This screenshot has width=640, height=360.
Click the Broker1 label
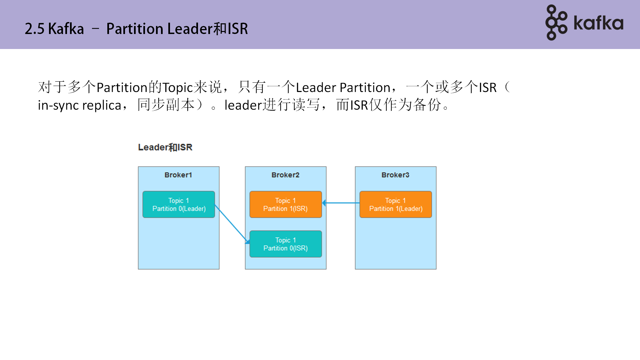click(178, 175)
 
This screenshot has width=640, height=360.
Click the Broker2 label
click(285, 175)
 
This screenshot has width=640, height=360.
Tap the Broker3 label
click(395, 175)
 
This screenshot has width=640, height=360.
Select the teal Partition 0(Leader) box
click(179, 205)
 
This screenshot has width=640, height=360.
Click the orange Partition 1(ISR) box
click(286, 205)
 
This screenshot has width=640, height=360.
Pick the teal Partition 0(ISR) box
click(286, 244)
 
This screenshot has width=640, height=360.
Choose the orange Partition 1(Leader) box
click(396, 205)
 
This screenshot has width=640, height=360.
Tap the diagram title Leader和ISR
click(165, 147)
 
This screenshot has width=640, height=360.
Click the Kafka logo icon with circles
click(556, 23)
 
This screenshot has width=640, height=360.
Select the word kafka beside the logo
click(598, 23)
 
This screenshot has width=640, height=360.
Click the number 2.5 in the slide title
click(34, 29)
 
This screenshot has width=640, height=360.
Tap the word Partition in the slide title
click(135, 29)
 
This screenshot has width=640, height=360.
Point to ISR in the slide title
click(238, 29)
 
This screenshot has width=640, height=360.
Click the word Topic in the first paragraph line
click(178, 88)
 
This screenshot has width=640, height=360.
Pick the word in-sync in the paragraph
click(58, 105)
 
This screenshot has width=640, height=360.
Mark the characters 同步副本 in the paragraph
click(166, 105)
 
